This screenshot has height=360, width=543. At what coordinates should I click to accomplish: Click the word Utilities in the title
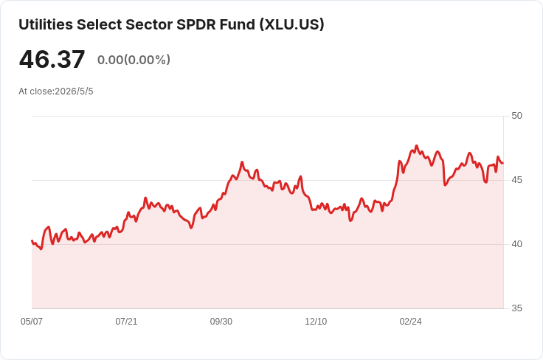46,24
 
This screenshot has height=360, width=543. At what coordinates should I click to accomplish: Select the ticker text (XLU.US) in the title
292,24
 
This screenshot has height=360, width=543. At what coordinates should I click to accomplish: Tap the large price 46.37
52,59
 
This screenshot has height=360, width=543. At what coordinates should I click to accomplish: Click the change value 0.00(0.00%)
134,60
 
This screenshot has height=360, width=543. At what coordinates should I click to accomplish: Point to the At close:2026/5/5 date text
56,91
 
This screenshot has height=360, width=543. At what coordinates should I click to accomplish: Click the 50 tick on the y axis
516,116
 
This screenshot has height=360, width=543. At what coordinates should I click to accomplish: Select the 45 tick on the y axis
516,180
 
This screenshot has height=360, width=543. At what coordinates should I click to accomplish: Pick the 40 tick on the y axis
516,244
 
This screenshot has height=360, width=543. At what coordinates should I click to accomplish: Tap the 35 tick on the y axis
516,308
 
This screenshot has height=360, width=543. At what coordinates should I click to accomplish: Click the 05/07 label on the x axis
32,322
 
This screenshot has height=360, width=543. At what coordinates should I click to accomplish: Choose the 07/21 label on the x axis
126,322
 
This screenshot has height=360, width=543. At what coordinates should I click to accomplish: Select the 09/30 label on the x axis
221,322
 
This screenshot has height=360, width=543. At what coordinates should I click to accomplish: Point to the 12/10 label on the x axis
316,322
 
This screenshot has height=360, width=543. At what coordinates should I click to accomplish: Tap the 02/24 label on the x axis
410,322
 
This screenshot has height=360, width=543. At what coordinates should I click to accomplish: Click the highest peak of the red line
417,146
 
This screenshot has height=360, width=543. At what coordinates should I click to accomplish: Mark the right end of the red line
503,163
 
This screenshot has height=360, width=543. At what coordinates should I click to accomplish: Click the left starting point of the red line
32,240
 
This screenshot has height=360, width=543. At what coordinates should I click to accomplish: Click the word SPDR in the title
196,24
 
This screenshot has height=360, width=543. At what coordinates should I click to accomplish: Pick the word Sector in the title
149,24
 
